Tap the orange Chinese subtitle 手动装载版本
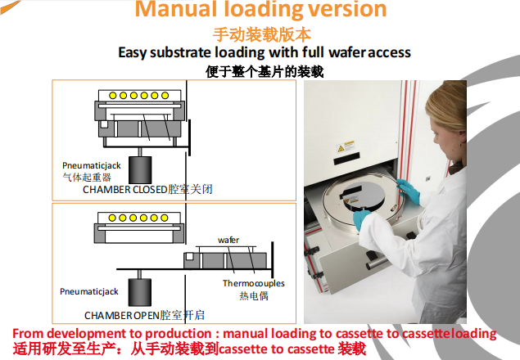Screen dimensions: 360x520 [261, 34]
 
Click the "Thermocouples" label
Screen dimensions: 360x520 [254, 283]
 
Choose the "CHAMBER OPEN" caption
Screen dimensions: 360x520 [120, 314]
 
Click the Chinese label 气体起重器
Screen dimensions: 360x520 [86, 176]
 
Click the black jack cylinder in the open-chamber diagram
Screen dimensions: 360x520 [140, 292]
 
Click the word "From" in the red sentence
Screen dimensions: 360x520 [28, 334]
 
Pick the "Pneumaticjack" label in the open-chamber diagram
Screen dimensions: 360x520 [89, 290]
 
